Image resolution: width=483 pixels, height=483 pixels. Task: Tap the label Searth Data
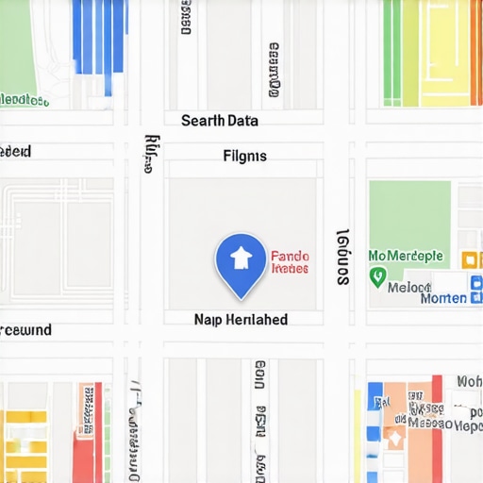coord(219,121)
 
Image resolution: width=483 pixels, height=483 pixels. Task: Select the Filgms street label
coord(244,156)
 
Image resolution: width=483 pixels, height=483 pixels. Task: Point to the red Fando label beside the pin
coord(290,256)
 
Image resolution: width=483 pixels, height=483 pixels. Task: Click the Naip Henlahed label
coord(241,320)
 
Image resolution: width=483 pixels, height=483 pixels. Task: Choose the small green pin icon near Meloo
coord(378,277)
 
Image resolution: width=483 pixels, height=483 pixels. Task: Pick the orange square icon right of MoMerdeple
coord(467,259)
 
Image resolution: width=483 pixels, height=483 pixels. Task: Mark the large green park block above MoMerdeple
coord(408,211)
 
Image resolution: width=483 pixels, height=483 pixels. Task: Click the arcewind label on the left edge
coord(25,330)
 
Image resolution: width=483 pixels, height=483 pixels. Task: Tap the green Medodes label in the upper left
coord(25,100)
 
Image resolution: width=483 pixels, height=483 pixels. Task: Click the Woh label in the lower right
coord(469,381)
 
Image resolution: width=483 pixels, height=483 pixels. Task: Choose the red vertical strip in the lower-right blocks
coord(437,429)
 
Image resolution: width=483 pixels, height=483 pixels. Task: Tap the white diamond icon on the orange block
coord(394,438)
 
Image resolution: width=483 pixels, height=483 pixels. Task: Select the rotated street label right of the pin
coord(343,257)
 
